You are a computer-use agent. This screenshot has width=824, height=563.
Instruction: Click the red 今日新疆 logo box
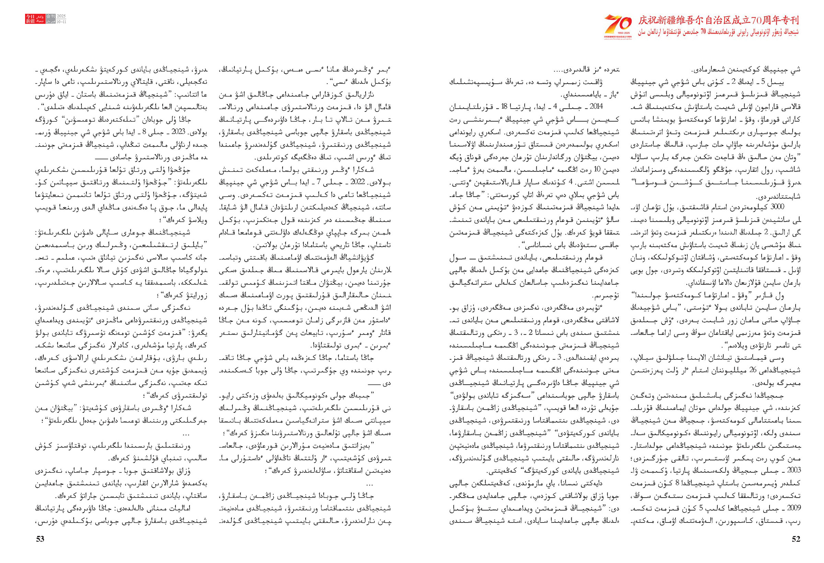coord(30,19)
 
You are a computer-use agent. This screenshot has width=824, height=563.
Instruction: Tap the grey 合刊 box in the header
coord(51,17)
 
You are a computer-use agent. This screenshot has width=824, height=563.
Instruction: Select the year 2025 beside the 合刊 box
coord(61,17)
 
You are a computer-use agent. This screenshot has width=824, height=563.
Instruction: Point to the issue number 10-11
coord(61,21)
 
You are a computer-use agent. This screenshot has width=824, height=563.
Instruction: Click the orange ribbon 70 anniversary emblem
coord(618,24)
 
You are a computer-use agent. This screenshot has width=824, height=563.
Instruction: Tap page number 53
coord(40,539)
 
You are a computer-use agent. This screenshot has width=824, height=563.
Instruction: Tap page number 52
coord(796,539)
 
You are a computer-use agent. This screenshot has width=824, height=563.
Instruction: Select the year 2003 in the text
coord(794,470)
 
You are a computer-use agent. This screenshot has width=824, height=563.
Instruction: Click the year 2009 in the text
coord(794,508)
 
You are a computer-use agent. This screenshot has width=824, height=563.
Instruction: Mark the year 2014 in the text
coord(596,106)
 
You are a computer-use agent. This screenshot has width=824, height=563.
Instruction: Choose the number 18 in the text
coord(506,106)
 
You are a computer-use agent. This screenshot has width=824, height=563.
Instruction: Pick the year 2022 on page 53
coord(357,182)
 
